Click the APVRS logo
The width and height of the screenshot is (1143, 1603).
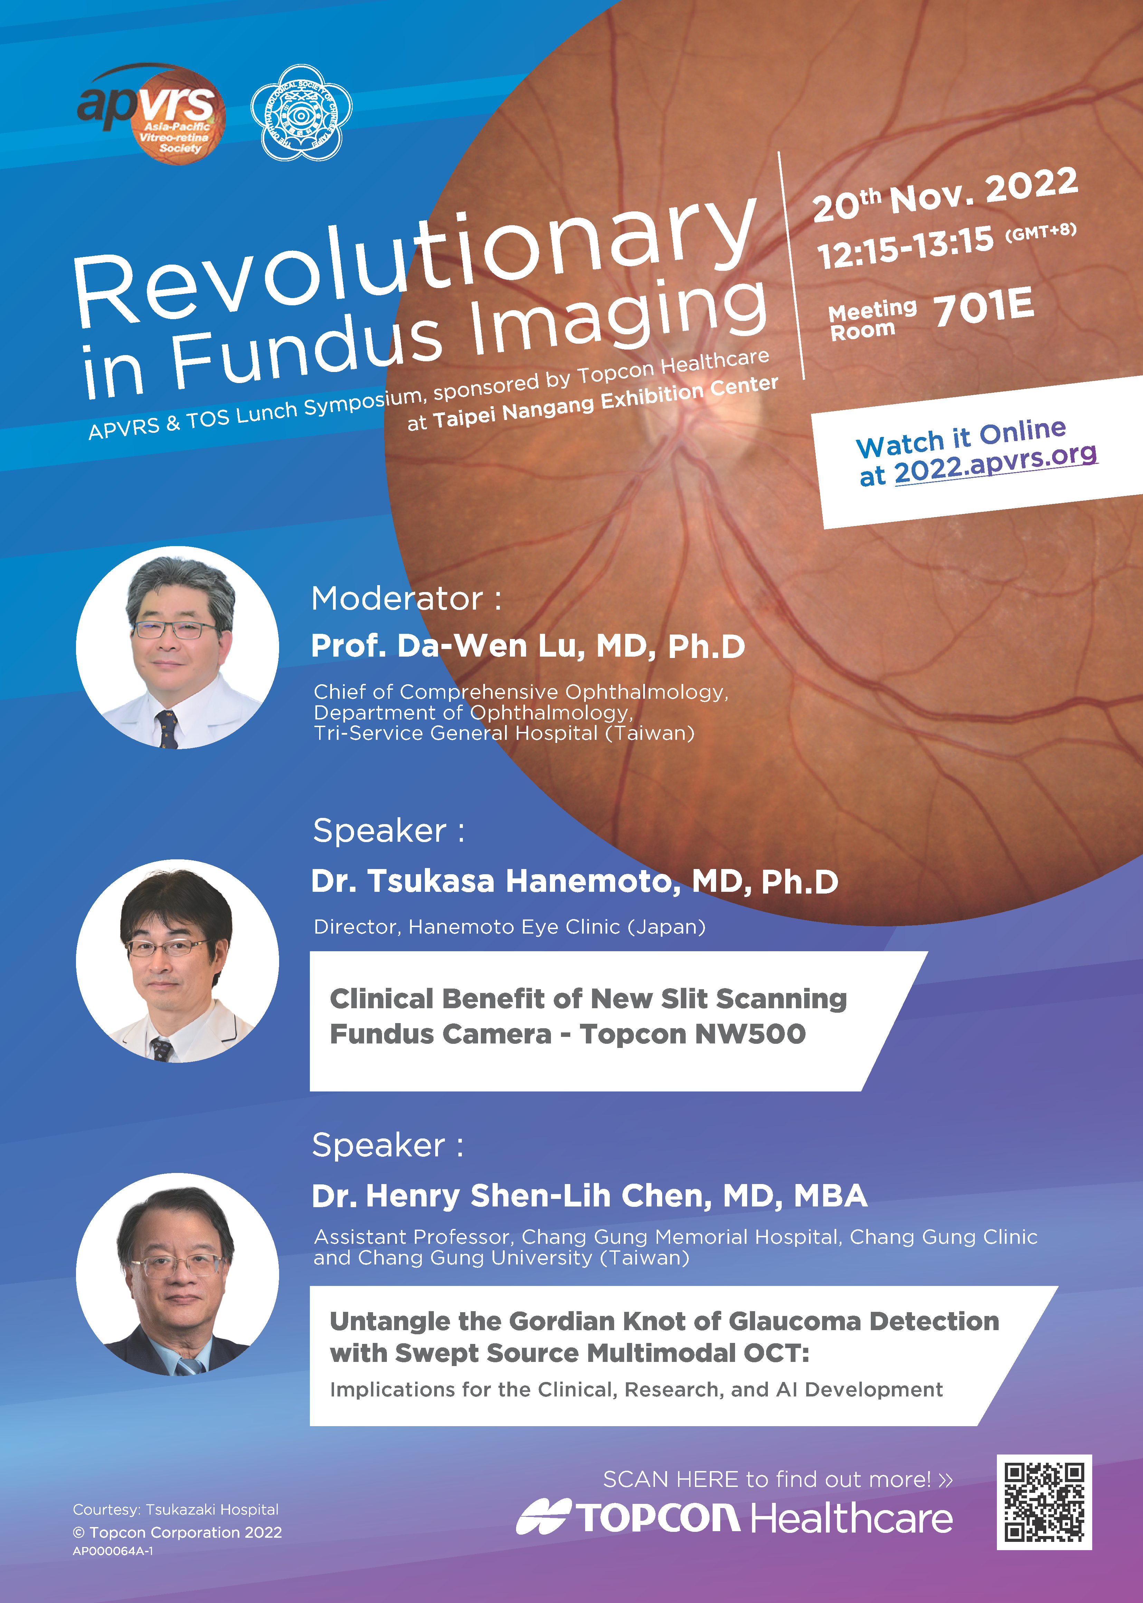(151, 113)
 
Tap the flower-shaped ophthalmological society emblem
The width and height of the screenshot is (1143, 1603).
(301, 113)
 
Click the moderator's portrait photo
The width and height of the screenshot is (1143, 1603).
(177, 647)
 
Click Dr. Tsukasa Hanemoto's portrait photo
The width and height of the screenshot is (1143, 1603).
(177, 961)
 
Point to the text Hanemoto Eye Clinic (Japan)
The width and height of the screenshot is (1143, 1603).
(557, 927)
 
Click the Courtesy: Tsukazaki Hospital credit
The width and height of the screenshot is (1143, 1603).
(176, 1509)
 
